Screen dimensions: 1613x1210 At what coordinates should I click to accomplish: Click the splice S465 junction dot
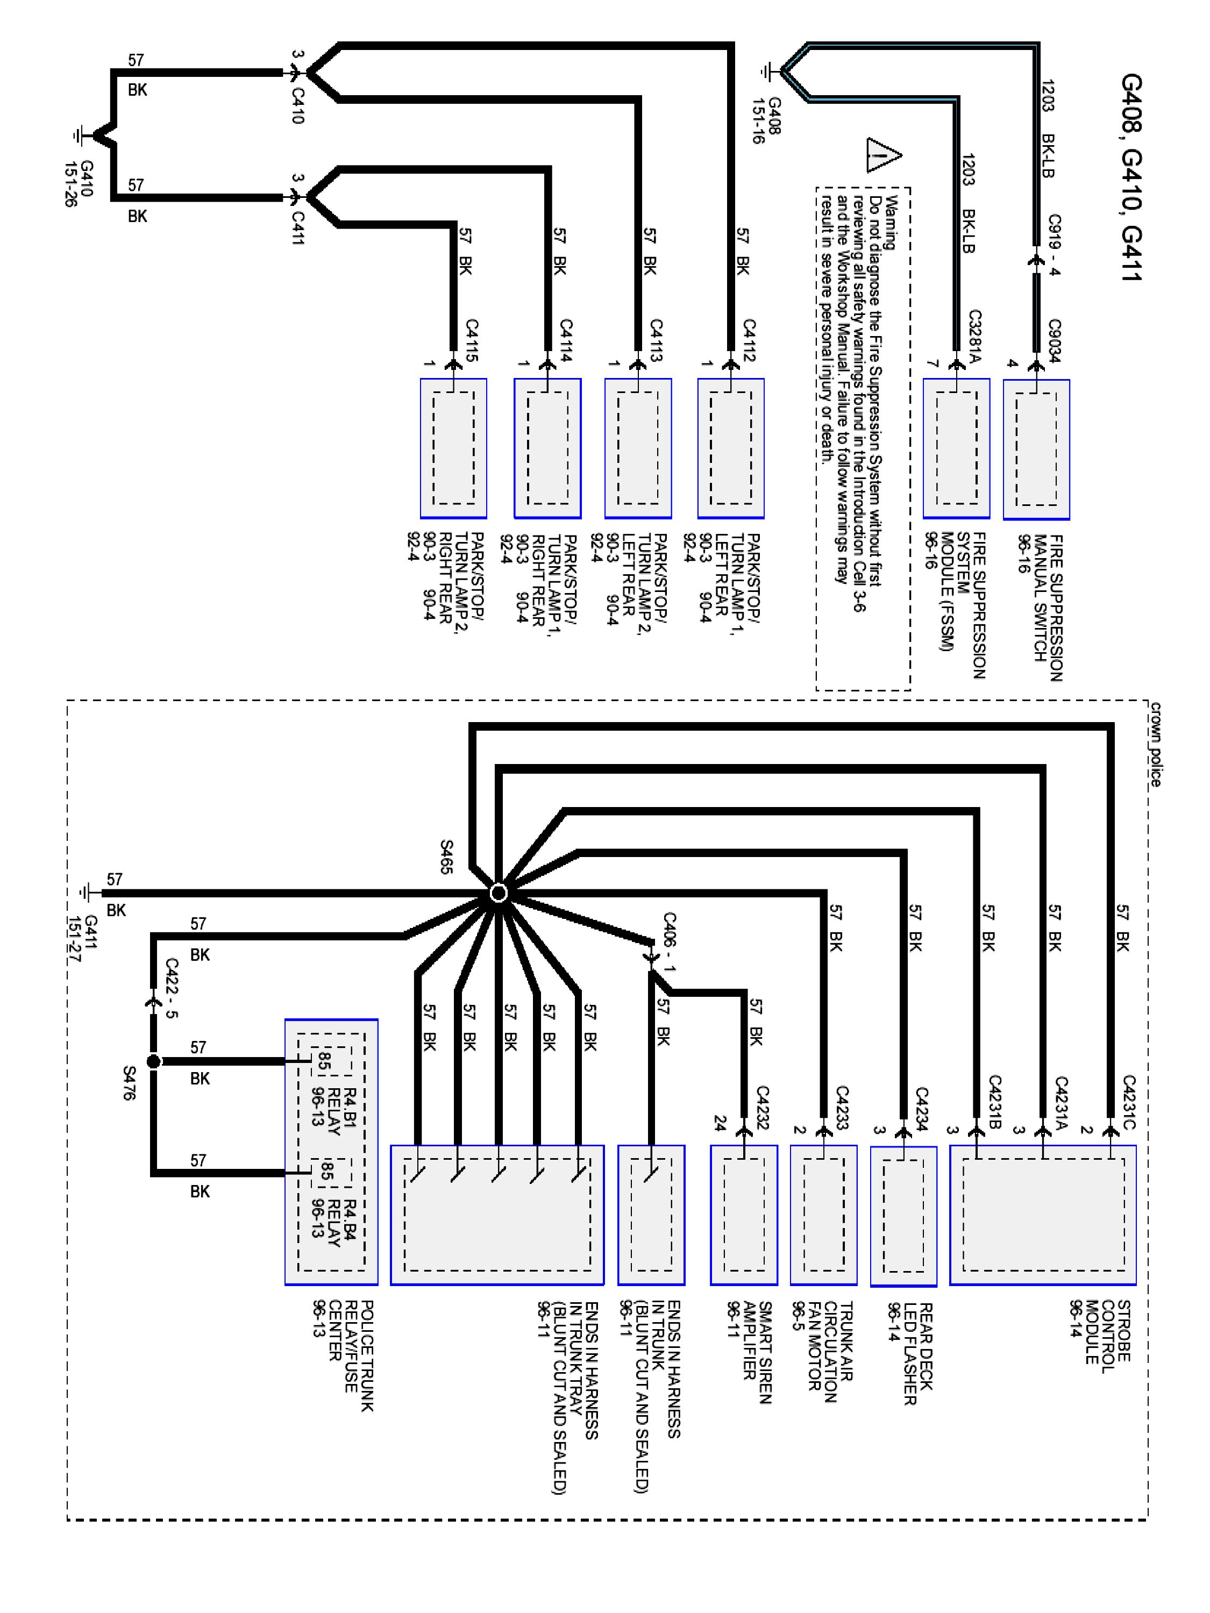pyautogui.click(x=498, y=893)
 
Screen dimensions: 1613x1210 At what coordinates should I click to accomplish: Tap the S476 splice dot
pyautogui.click(x=153, y=1061)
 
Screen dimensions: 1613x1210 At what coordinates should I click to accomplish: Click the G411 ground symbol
pyautogui.click(x=88, y=893)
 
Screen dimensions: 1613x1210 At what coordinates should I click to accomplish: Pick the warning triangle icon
pyautogui.click(x=883, y=155)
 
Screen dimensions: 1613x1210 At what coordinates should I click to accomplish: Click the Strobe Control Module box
pyautogui.click(x=1042, y=1215)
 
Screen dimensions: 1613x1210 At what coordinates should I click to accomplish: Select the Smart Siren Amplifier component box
pyautogui.click(x=743, y=1215)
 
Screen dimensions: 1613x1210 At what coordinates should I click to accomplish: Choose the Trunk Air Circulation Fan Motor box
pyautogui.click(x=823, y=1215)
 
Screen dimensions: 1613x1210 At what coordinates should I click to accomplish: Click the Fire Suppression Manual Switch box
pyautogui.click(x=1036, y=449)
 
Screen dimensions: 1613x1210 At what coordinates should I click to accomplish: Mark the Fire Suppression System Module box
pyautogui.click(x=956, y=448)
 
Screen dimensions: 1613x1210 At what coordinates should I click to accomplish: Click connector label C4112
pyautogui.click(x=750, y=340)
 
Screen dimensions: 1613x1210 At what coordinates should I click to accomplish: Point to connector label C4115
pyautogui.click(x=472, y=340)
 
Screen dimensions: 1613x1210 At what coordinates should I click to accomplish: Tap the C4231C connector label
pyautogui.click(x=1128, y=1102)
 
